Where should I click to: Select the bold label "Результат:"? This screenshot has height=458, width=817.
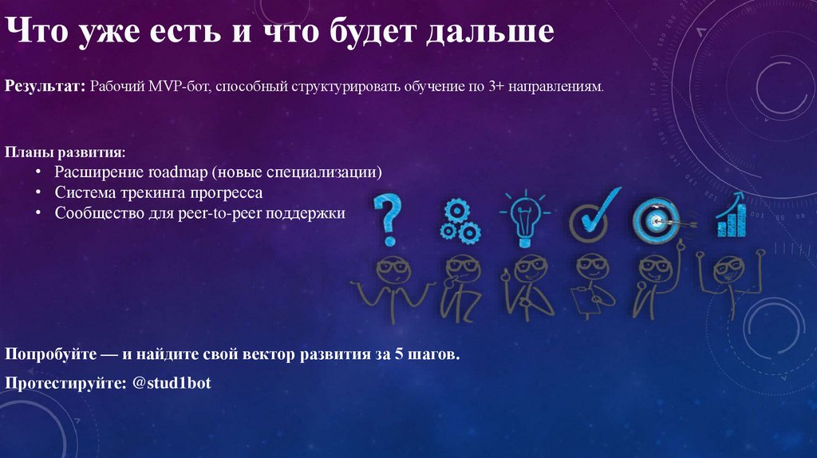[x=45, y=85]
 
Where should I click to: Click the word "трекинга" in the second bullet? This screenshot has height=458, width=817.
[x=151, y=193]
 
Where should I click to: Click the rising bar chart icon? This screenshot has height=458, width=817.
[x=730, y=215]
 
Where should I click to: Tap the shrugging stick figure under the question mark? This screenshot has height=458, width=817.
[x=392, y=287]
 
